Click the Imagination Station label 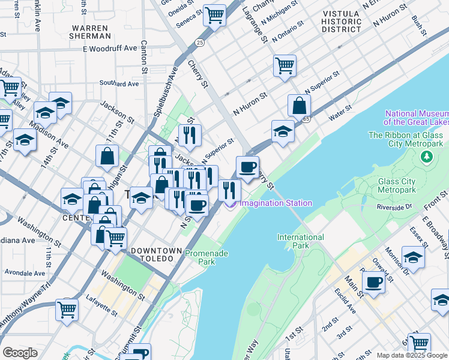coord(276,203)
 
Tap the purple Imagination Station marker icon coord(231,204)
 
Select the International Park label coord(301,241)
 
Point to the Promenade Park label coord(206,257)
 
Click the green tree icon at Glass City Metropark coord(427,157)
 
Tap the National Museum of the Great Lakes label coord(417,118)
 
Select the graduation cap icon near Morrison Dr coord(413,257)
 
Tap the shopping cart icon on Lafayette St coord(67,310)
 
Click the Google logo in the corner coord(20,353)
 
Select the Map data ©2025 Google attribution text coord(411,355)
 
